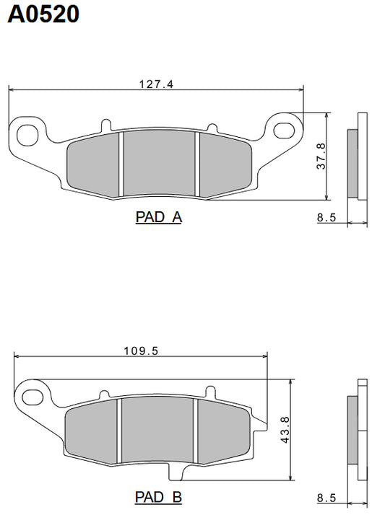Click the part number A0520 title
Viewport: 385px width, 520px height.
pos(43,14)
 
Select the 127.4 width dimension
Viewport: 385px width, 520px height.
pos(156,84)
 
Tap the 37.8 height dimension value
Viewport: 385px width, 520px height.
pos(321,156)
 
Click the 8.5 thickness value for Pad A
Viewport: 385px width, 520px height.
pos(326,217)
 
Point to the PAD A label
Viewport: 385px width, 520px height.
pos(158,217)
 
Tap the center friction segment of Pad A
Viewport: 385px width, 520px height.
pos(160,163)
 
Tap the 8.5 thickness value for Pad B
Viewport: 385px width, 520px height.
pos(326,498)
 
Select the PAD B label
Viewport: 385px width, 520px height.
pos(158,498)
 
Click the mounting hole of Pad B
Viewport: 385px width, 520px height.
pos(32,397)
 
